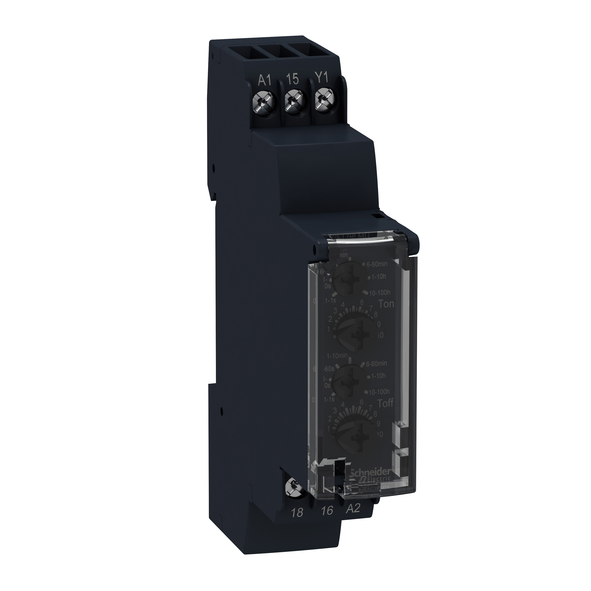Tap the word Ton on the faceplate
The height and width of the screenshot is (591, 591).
[x=386, y=304]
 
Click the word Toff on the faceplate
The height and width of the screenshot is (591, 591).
[x=386, y=403]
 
